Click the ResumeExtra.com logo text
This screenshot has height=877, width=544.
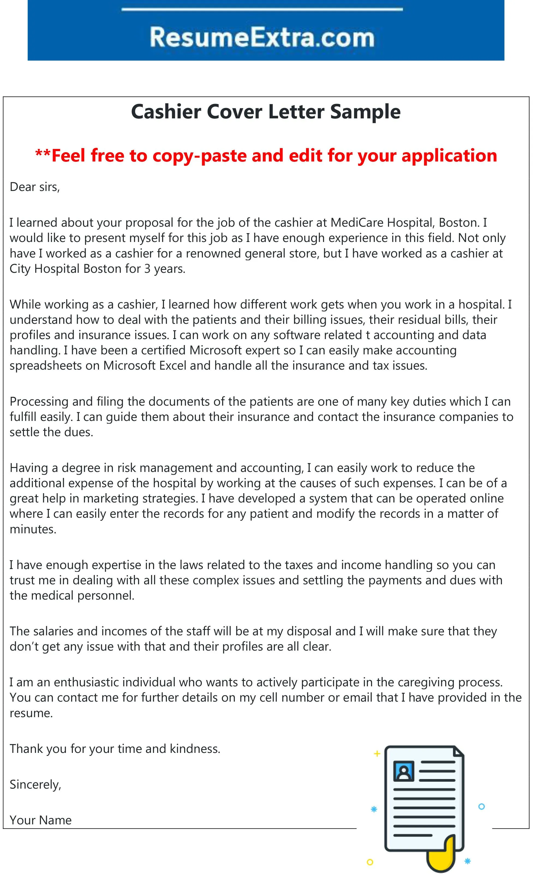(262, 37)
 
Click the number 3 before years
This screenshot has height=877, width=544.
(147, 269)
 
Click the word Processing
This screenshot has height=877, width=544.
(39, 402)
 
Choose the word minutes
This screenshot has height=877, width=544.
(33, 529)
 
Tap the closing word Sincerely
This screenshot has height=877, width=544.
(35, 784)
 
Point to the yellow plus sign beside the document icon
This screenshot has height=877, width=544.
(377, 754)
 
